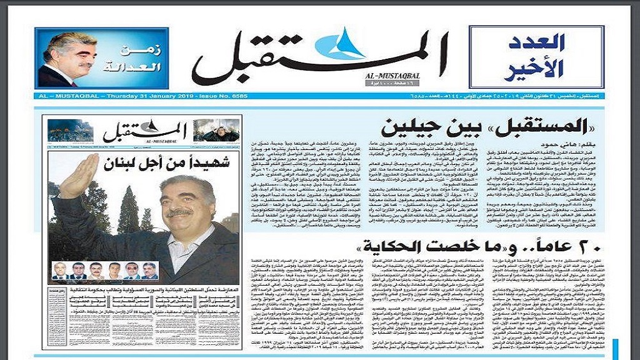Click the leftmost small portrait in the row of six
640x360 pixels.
pos(59,271)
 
